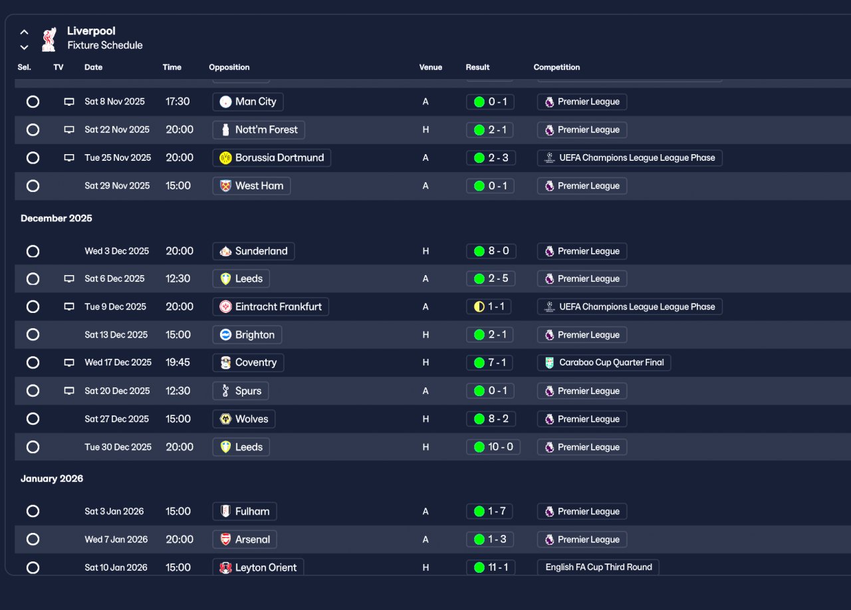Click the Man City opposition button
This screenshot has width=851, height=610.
click(248, 102)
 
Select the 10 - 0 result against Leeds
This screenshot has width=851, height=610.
click(493, 447)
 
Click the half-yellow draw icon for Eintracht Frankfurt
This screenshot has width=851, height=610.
click(479, 307)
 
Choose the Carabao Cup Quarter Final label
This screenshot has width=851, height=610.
click(604, 363)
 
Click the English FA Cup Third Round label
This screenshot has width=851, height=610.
click(598, 567)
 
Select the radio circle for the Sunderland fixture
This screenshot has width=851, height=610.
click(33, 251)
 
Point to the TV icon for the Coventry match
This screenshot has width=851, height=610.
click(69, 363)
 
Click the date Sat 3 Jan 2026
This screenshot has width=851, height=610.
click(114, 512)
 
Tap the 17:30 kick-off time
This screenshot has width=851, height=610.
click(178, 102)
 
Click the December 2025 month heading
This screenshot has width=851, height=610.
click(57, 219)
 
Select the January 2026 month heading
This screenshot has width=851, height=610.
click(52, 479)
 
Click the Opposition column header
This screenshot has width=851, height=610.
click(229, 67)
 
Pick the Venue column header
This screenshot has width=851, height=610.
click(431, 67)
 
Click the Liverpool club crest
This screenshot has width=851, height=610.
click(49, 39)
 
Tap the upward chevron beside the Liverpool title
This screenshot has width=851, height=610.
click(25, 32)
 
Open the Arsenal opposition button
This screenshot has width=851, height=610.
click(245, 540)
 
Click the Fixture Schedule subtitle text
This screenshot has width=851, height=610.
click(105, 46)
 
